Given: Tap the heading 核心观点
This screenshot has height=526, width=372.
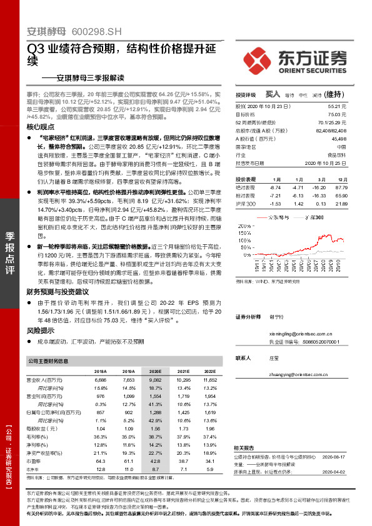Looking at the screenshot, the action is (41, 126).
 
